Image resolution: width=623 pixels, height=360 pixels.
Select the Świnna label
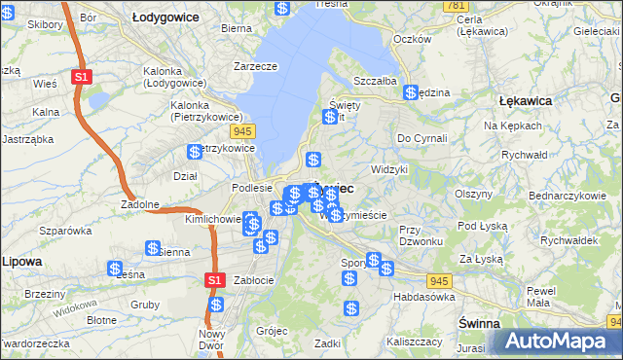[479, 322]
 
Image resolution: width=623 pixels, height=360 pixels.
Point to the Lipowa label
[20, 262]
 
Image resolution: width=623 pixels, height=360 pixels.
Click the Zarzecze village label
[255, 66]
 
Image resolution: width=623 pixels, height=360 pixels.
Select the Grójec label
[273, 331]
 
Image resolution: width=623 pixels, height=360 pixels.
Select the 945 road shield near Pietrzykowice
[242, 130]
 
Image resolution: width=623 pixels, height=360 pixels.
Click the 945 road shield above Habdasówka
[440, 280]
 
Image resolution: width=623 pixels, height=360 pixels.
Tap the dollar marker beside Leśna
[115, 269]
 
